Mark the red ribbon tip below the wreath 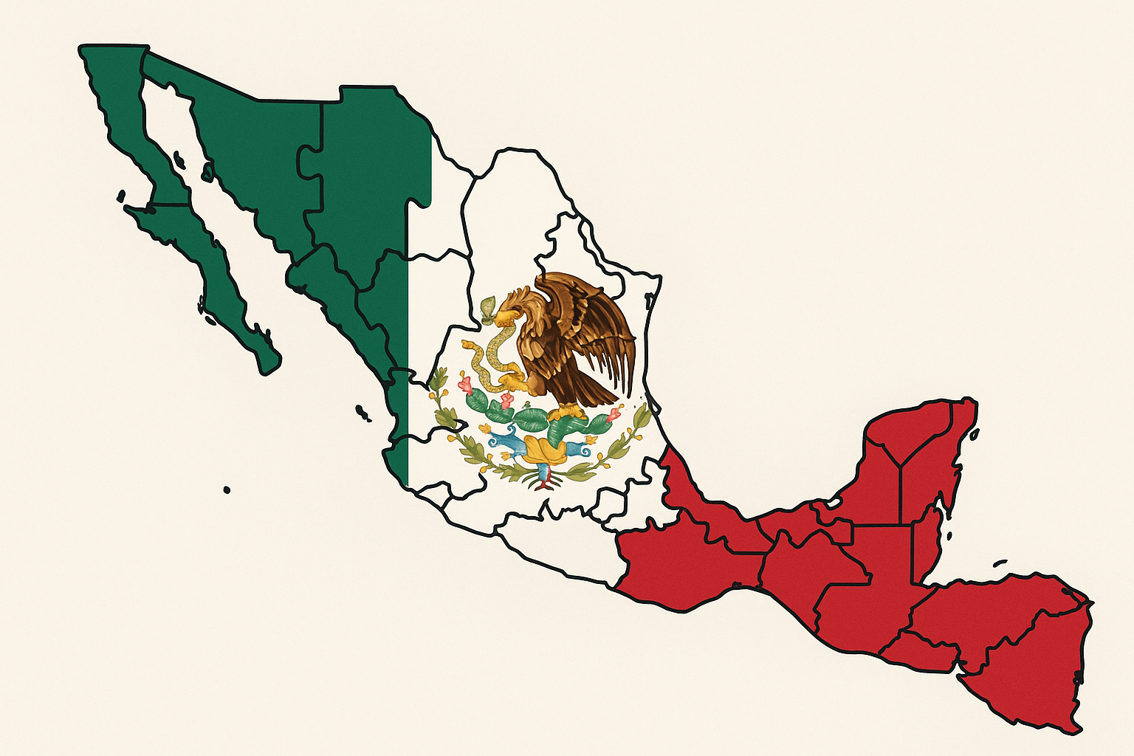(x=545, y=485)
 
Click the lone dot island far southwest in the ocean (x=227, y=489)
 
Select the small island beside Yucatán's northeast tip (x=975, y=436)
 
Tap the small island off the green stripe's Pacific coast (x=362, y=412)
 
